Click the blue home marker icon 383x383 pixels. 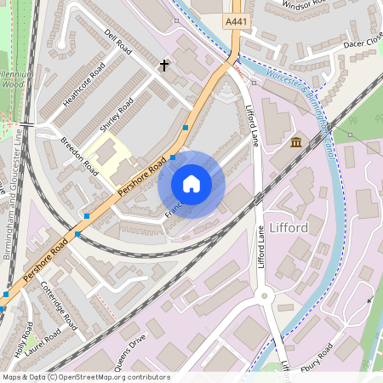click(191, 184)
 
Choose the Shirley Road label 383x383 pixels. click(117, 115)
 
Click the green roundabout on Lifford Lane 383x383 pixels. click(265, 297)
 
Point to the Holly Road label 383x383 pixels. click(26, 337)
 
